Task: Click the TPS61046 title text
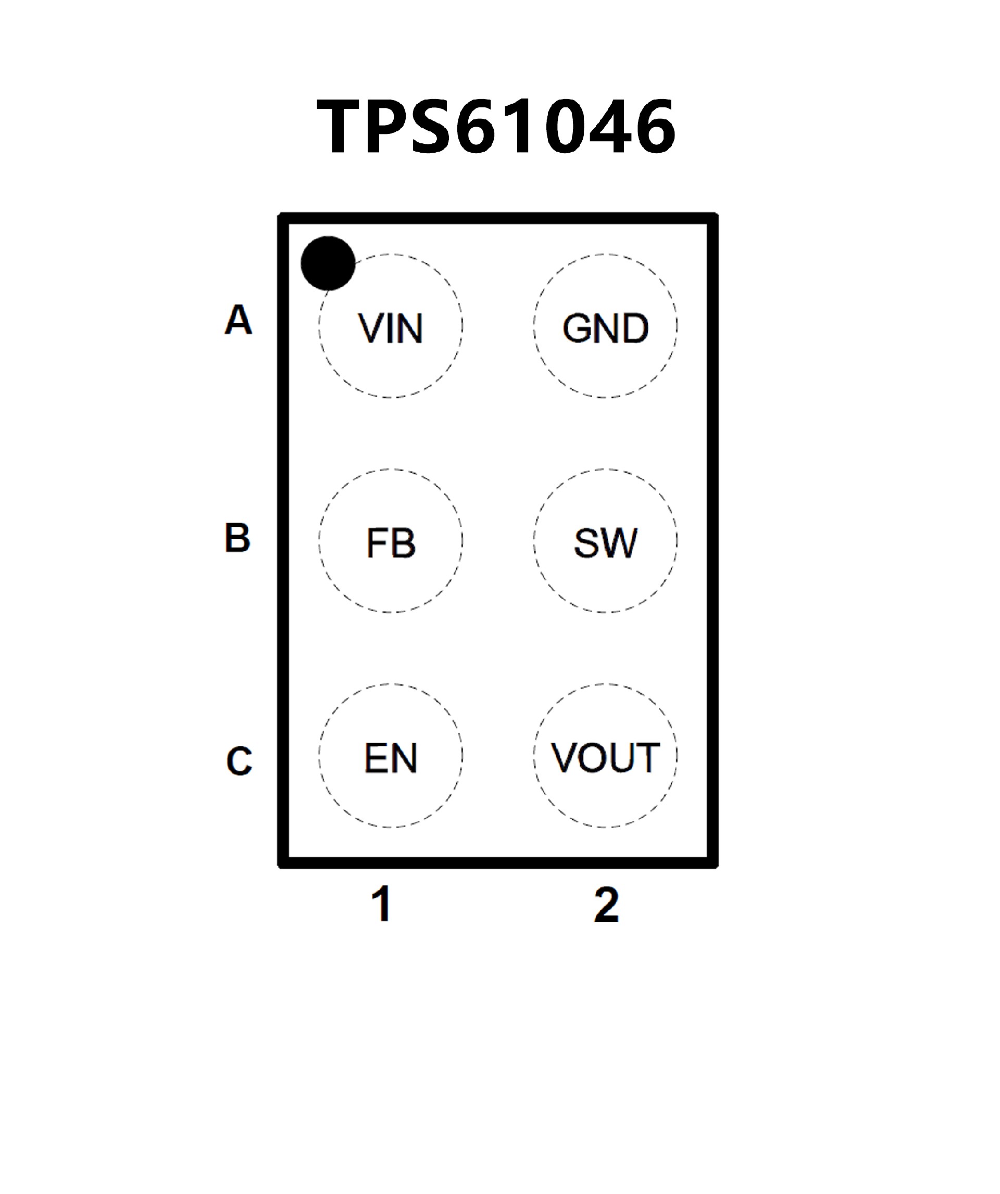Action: pyautogui.click(x=496, y=126)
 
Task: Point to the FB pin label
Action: pyautogui.click(x=390, y=543)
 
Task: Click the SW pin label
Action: pyautogui.click(x=605, y=543)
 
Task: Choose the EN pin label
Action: pyautogui.click(x=390, y=757)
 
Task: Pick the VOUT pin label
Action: pyautogui.click(x=605, y=757)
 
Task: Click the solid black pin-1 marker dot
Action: pyautogui.click(x=328, y=263)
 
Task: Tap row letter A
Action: pyautogui.click(x=238, y=319)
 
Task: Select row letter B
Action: pyautogui.click(x=238, y=537)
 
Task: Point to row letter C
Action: pyautogui.click(x=239, y=761)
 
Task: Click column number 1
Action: pyautogui.click(x=382, y=904)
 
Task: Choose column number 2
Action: pyautogui.click(x=606, y=904)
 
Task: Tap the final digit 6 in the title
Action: pyautogui.click(x=654, y=126)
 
